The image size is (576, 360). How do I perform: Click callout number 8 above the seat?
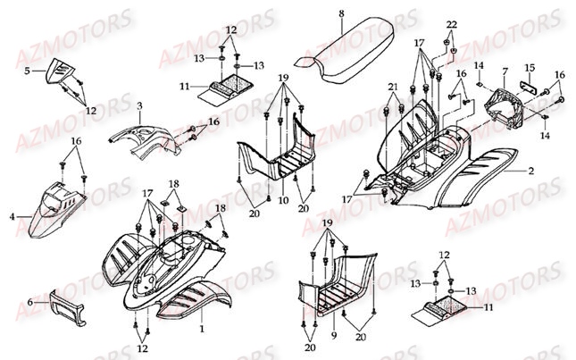[340, 13]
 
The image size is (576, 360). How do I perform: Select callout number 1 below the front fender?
[201, 328]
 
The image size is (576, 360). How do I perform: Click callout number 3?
[139, 106]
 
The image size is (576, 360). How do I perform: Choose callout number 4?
[13, 216]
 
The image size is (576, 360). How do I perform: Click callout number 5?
[28, 69]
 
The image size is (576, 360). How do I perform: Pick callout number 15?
[529, 67]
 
